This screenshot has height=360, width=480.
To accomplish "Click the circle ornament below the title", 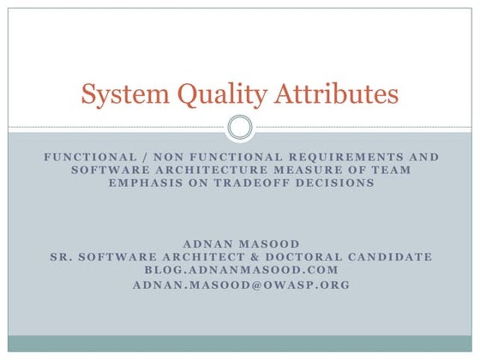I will (240, 129).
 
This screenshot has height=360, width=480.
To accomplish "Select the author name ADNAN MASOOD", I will (240, 244).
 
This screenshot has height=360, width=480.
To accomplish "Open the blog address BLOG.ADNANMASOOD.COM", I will (240, 270).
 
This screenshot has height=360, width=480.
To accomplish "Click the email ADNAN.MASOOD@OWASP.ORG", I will (240, 284).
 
